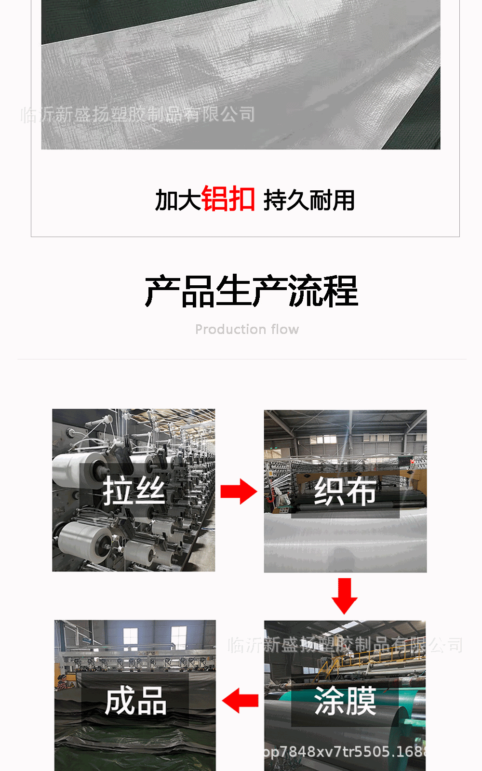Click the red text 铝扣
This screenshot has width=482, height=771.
[228, 199]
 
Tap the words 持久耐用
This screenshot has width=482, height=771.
[309, 200]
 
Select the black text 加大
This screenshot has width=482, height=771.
[177, 200]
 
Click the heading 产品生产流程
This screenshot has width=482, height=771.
[251, 292]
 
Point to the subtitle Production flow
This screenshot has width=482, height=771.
[247, 330]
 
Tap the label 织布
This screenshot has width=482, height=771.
[345, 492]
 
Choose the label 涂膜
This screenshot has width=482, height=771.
[345, 701]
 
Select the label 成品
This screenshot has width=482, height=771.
[136, 701]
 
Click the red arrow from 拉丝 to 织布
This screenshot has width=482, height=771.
[239, 492]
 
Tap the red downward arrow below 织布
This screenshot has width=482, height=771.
[344, 596]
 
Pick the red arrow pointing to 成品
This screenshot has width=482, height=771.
[241, 701]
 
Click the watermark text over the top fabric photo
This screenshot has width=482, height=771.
[138, 115]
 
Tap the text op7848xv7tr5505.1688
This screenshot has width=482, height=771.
[345, 752]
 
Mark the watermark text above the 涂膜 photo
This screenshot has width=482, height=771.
[345, 645]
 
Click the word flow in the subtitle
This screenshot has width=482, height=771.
[284, 330]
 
